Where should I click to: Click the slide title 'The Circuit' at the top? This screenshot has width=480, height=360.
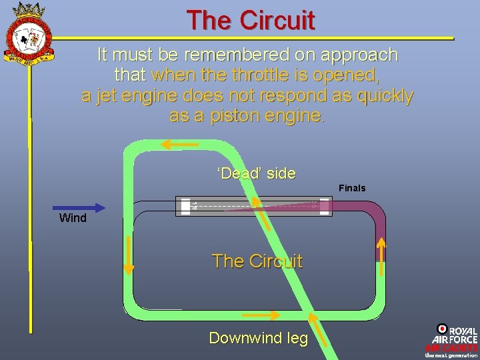250,20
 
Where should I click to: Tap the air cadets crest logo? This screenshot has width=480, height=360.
29,33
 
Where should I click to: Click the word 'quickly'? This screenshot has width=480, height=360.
385,95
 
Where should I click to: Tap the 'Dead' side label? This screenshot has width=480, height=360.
256,173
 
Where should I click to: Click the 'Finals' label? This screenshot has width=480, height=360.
352,188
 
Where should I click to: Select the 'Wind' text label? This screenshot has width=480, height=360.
73,218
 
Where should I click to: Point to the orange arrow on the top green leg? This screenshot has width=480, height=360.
175,144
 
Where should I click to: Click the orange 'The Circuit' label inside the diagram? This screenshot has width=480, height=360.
257,261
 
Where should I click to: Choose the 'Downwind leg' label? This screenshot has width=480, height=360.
259,338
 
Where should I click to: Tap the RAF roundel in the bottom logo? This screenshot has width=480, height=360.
442,329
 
